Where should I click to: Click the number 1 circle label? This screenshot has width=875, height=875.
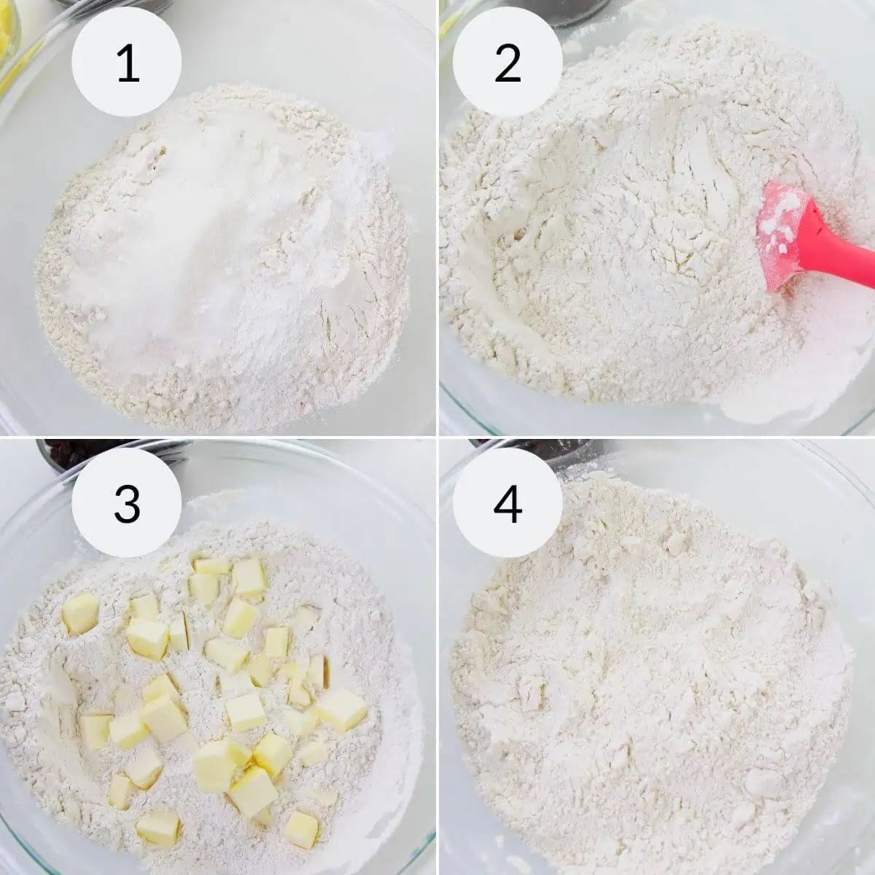(127, 63)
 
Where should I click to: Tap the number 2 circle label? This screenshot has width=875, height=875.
(507, 63)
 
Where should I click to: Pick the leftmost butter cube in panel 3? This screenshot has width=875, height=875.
(79, 612)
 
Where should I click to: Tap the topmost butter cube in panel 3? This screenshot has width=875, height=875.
(211, 566)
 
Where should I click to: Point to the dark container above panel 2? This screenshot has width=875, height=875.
(576, 9)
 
